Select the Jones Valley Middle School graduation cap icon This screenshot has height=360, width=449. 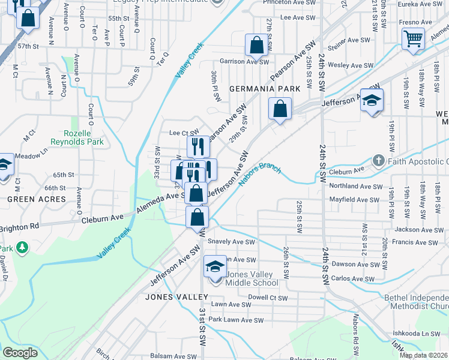pyautogui.click(x=215, y=266)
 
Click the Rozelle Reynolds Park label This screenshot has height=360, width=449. pyautogui.click(x=84, y=137)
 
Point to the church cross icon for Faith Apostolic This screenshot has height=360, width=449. pyautogui.click(x=378, y=161)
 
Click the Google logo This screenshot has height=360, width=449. pyautogui.click(x=20, y=353)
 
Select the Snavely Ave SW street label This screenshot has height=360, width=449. pyautogui.click(x=231, y=242)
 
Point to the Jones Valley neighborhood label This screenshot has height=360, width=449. pyautogui.click(x=172, y=296)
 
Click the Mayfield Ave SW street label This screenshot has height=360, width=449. pyautogui.click(x=354, y=199)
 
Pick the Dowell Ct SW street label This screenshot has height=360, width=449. pyautogui.click(x=268, y=297)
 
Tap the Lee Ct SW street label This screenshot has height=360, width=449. pyautogui.click(x=184, y=133)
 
